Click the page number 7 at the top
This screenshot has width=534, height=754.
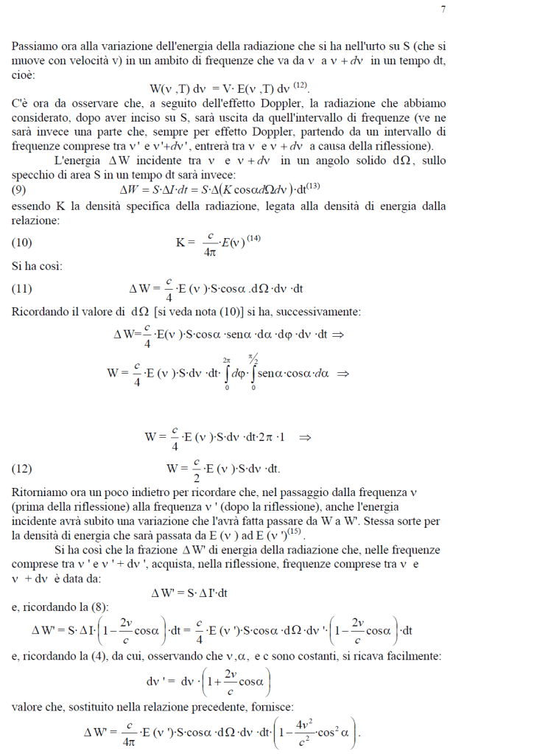443,10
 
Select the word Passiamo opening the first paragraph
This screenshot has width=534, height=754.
36,46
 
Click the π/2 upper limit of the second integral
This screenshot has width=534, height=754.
253,359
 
